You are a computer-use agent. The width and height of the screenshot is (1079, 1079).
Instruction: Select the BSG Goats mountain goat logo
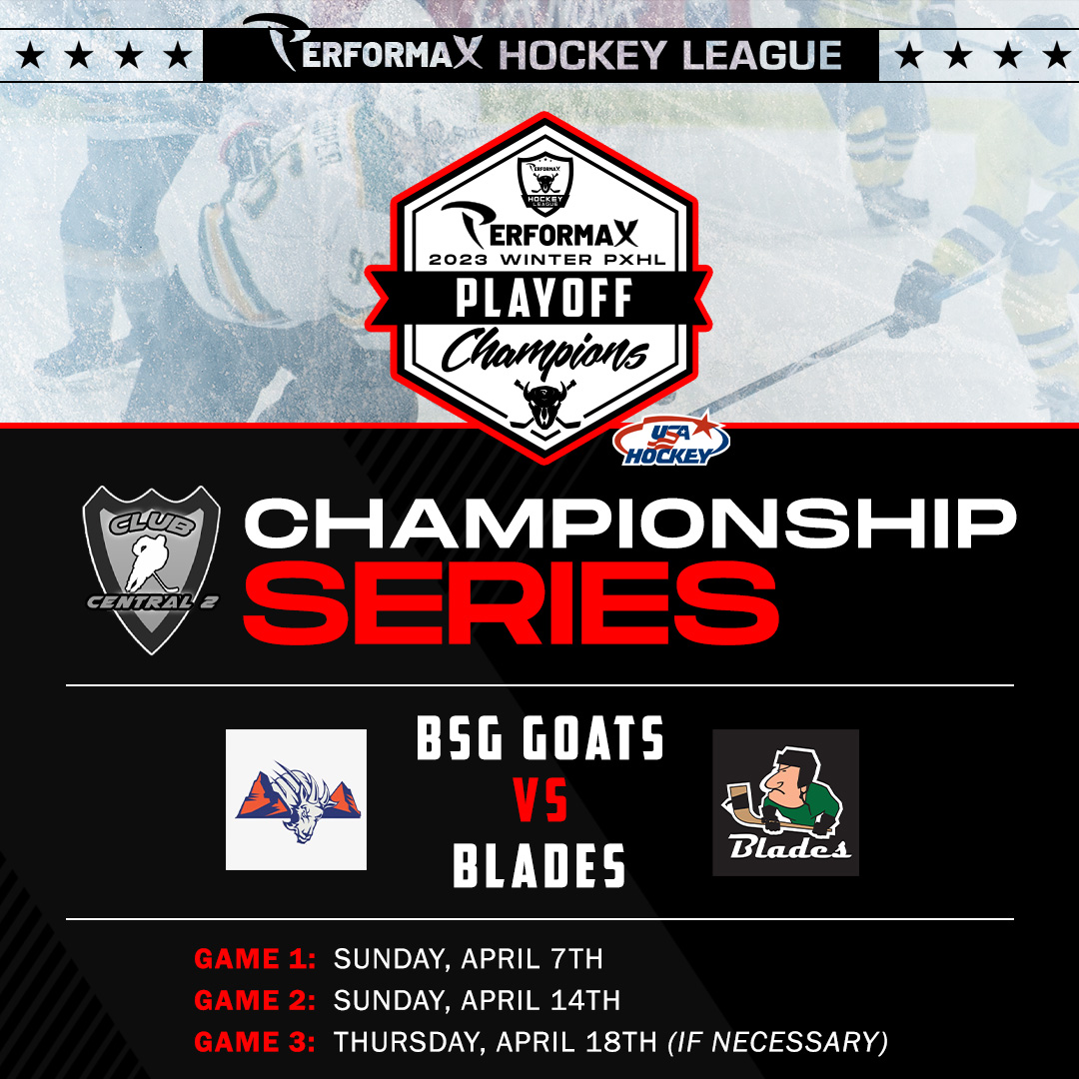coord(297,799)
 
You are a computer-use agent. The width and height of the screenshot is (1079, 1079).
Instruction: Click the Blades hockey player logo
coord(786,802)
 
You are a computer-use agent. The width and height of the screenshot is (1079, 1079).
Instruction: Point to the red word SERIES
coord(512,602)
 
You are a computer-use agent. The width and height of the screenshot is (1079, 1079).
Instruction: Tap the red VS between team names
coord(540,800)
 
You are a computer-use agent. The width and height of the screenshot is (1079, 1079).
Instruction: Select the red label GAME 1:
coord(255,958)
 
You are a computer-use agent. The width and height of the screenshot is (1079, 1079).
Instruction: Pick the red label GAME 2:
coord(255,1000)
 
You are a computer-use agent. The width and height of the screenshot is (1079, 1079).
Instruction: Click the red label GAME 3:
coord(255,1042)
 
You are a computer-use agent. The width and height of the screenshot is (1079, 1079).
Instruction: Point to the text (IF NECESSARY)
coord(778,1042)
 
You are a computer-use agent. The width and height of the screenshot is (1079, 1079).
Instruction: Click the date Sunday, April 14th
coord(477,1000)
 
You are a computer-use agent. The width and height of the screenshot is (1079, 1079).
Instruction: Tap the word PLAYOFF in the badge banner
coord(543,298)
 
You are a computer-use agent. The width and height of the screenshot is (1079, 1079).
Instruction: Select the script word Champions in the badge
coord(544,352)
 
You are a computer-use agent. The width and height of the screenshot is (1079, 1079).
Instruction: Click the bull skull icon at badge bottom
coord(545,404)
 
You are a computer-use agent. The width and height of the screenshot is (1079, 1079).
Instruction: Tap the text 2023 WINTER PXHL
coord(547,260)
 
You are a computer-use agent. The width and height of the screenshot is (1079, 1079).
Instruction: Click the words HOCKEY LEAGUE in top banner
coord(670,55)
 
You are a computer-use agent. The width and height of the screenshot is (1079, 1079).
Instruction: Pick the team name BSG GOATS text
coord(540,737)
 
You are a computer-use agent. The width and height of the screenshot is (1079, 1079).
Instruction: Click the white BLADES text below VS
coord(539,864)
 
